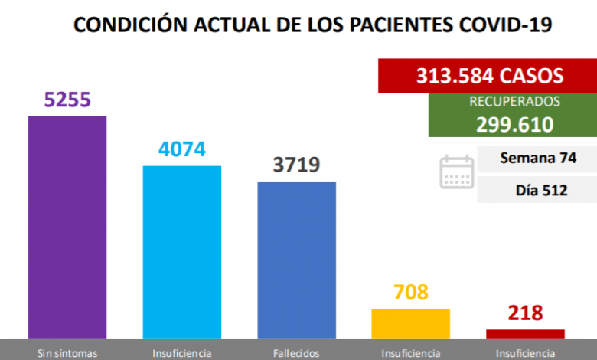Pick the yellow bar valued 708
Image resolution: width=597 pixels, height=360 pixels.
coord(410,323)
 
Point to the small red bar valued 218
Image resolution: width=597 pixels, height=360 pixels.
coord(525,333)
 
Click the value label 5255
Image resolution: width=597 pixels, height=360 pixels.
coord(67,100)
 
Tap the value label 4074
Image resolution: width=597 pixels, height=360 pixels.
coord(182,149)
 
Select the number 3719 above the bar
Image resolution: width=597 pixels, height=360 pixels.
coord(296,165)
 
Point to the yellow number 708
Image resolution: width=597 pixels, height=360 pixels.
coord(410,293)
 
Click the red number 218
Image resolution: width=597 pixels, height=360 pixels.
coord(525,313)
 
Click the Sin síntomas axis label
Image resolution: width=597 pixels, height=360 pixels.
coord(67,353)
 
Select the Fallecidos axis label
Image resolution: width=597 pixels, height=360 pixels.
coord(296,353)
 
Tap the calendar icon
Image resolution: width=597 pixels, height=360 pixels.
coord(457,172)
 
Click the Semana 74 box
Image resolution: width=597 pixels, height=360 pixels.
coord(537,159)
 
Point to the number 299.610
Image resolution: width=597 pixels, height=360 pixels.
coord(514,125)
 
